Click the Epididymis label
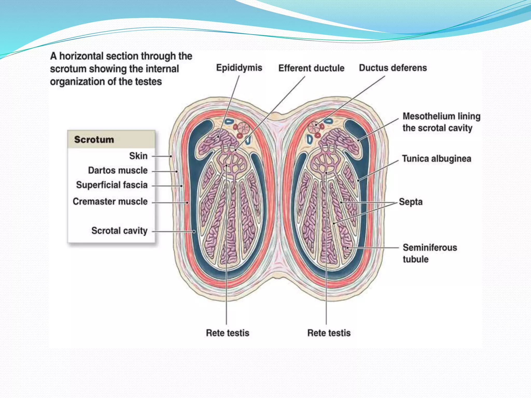coord(239,68)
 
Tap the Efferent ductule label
coord(311,68)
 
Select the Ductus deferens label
coord(393,68)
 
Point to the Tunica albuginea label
coord(437,159)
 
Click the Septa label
coord(411,202)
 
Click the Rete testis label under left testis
coord(227,333)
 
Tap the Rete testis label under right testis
coord(329,333)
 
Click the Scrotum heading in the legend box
coord(94,140)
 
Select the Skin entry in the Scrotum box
coord(138,156)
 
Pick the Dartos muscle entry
coord(118,170)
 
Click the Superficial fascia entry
coord(112,185)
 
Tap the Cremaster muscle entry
coord(110,202)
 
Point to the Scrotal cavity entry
coord(119,231)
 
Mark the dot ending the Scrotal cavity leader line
coord(194,231)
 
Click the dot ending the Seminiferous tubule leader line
coord(348,248)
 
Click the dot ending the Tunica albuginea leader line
coord(358,180)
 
